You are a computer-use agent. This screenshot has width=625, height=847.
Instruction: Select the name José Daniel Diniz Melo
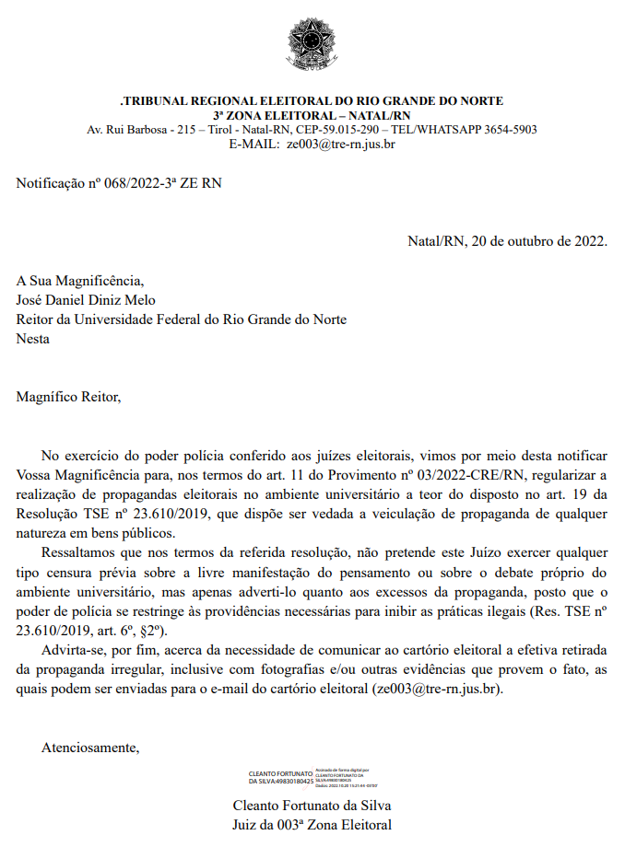point(86,300)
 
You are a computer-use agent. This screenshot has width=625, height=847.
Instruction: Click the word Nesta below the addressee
point(33,339)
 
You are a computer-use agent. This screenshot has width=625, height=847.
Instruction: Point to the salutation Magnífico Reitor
point(68,398)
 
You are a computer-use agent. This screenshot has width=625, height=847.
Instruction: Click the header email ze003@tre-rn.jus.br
point(340,144)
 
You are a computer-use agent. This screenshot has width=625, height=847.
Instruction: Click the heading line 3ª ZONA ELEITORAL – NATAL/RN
point(312,115)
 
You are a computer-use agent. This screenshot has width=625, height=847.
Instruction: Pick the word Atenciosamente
point(89,748)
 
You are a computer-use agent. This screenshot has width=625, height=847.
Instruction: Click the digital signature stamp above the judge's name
point(312,778)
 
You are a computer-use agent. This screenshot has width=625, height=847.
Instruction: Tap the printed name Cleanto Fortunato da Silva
point(312,807)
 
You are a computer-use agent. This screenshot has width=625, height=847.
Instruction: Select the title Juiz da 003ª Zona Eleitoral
point(312,826)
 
